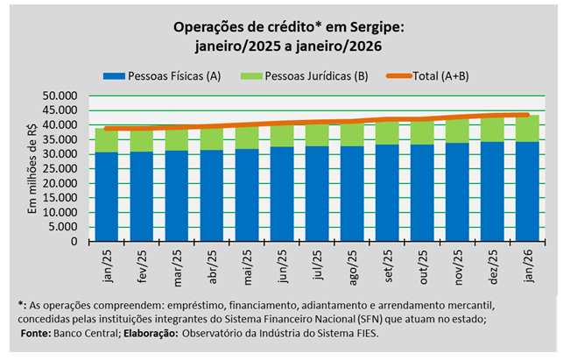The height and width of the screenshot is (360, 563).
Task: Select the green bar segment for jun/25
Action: pos(281,136)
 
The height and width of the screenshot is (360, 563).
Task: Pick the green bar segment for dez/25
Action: pos(491,130)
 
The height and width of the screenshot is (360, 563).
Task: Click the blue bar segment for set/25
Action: pos(386,194)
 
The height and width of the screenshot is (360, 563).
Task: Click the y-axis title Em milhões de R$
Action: pos(34,168)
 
